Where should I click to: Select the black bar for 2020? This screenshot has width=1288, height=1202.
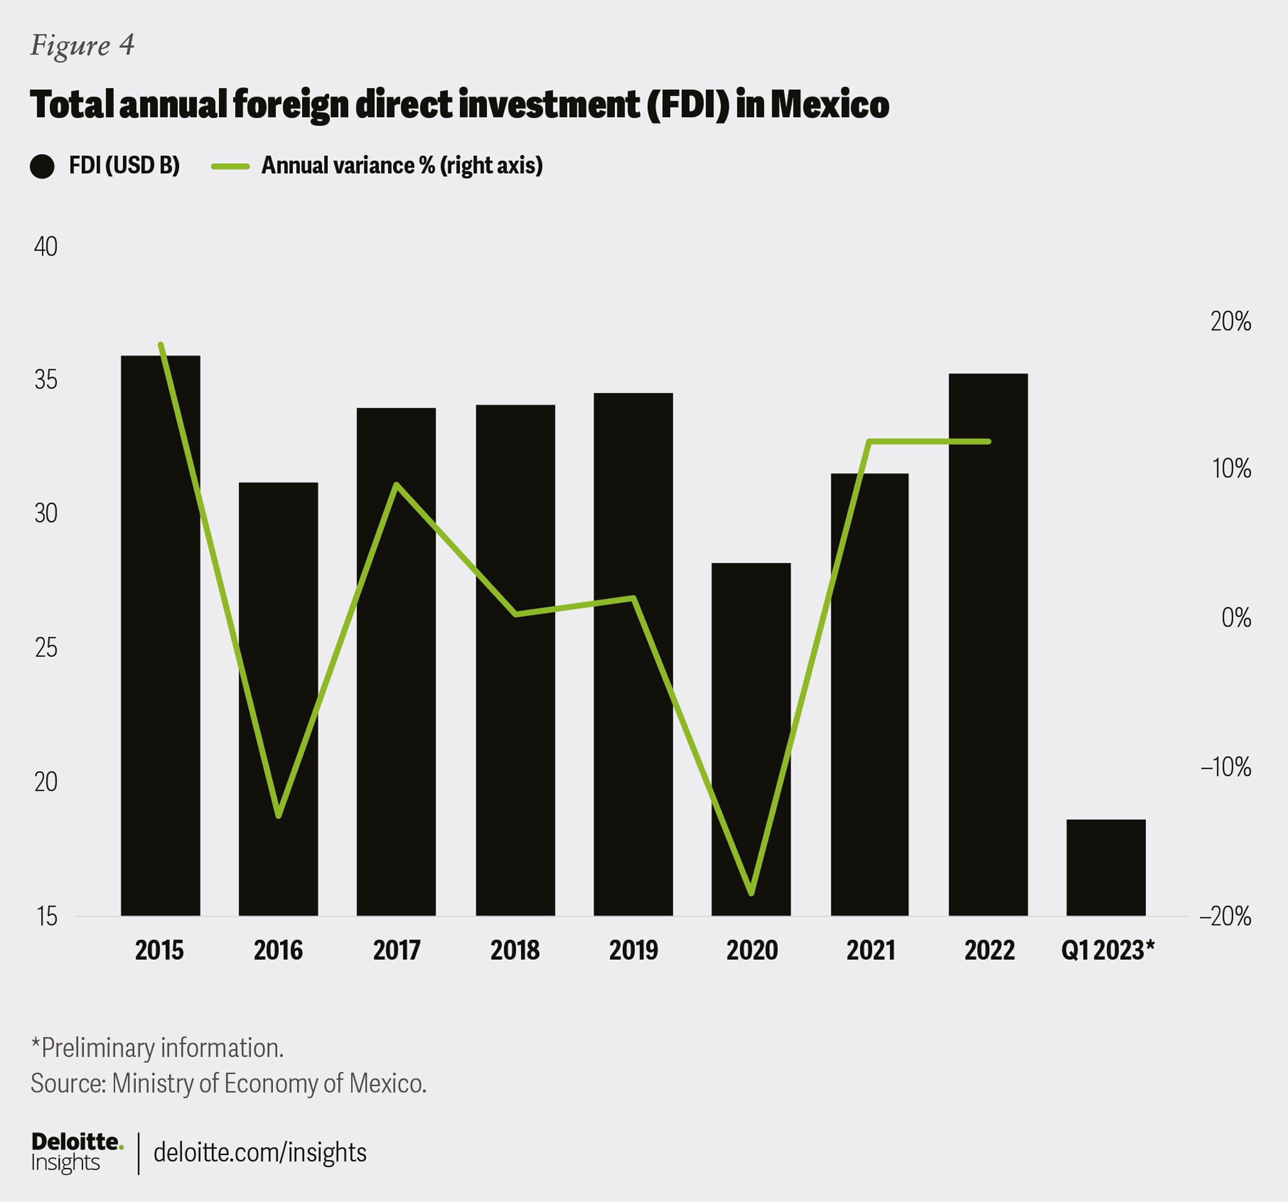(x=751, y=739)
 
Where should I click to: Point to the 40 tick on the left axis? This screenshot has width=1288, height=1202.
(x=45, y=247)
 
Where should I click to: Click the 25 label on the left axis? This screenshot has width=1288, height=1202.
(x=45, y=647)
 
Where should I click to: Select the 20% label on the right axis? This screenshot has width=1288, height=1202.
(x=1230, y=321)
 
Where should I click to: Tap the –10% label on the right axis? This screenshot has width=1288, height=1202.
(x=1225, y=767)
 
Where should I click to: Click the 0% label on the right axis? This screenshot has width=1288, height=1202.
(x=1236, y=618)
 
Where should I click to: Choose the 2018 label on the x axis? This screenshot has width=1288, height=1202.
(x=515, y=951)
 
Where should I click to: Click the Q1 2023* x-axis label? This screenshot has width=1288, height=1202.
(x=1107, y=951)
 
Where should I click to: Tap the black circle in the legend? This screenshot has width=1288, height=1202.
(x=42, y=167)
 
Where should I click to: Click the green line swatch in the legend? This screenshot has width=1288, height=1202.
(x=230, y=167)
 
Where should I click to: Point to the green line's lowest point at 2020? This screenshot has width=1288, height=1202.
(x=752, y=893)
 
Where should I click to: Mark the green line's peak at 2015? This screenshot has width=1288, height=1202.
(x=160, y=345)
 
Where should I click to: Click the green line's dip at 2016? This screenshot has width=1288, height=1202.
(x=279, y=816)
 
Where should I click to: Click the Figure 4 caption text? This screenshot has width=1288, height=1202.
(x=82, y=45)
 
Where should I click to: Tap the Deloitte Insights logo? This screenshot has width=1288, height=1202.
(x=77, y=1152)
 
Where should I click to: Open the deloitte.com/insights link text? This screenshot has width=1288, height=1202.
(x=260, y=1152)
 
